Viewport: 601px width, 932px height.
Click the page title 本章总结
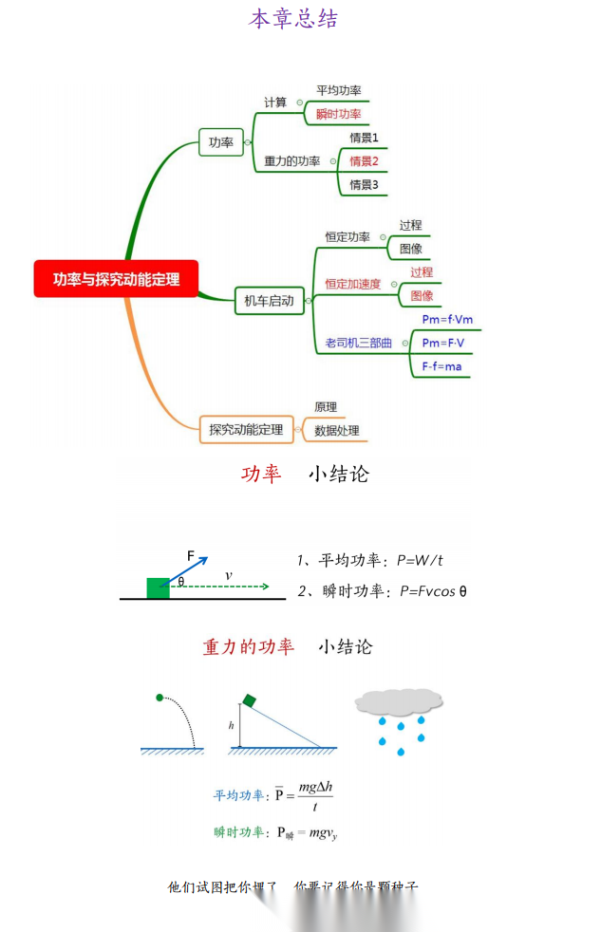[293, 19]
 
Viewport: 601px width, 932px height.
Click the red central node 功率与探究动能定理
[116, 279]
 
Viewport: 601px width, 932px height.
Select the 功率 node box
[220, 142]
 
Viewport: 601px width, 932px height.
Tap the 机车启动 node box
[269, 302]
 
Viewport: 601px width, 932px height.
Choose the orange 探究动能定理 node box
[246, 430]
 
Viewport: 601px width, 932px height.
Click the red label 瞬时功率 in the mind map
[339, 114]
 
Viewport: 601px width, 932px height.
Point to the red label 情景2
[364, 160]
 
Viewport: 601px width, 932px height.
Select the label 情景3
[364, 184]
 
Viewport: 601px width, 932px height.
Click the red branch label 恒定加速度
[352, 284]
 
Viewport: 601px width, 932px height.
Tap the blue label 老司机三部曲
[358, 343]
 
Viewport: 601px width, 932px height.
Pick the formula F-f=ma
[442, 366]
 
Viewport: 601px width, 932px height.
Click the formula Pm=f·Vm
[447, 320]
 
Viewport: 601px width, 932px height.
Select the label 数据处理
[337, 431]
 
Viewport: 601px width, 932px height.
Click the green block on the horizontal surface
[158, 587]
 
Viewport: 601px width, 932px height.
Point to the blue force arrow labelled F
[190, 571]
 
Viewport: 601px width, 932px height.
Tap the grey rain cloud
[399, 701]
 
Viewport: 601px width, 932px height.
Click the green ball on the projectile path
[160, 699]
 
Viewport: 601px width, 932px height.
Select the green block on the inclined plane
[249, 700]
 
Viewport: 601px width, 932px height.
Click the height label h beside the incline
[231, 726]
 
